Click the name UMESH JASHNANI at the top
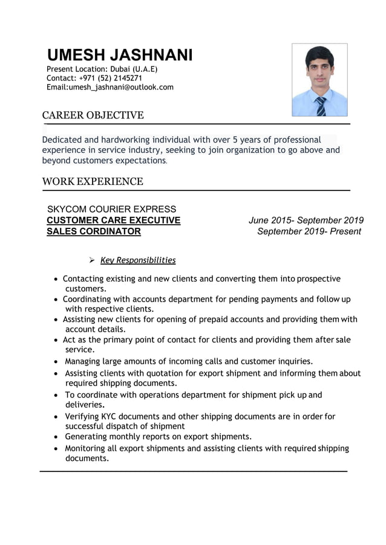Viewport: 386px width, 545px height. (x=120, y=56)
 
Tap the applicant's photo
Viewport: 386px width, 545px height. (x=319, y=80)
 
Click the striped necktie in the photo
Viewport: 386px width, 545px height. (x=321, y=106)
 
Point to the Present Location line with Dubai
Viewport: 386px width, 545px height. (x=102, y=69)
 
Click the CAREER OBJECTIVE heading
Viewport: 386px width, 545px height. (x=93, y=115)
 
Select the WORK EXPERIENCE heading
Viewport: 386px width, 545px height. (x=93, y=181)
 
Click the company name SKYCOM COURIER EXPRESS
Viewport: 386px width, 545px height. (x=112, y=209)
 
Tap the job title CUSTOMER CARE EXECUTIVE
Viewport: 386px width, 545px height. (x=114, y=220)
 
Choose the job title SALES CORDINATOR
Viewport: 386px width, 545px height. (x=94, y=231)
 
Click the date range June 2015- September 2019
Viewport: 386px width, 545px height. (x=306, y=220)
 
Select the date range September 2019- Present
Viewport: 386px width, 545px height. (x=309, y=231)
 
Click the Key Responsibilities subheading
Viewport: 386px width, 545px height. (x=138, y=260)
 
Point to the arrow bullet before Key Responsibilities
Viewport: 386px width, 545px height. (x=91, y=260)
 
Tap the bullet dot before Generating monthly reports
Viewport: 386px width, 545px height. (x=57, y=436)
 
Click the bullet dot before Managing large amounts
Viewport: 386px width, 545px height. (x=57, y=362)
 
